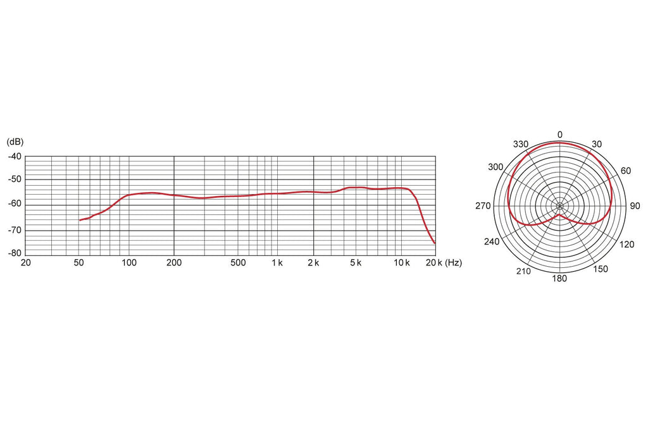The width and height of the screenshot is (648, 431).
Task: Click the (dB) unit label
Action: coord(15,142)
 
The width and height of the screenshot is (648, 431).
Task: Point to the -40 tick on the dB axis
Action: coord(15,157)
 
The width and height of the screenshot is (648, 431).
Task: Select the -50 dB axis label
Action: coord(15,179)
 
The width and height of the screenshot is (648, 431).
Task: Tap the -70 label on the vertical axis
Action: coord(15,231)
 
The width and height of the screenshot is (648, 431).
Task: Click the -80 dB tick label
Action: coord(15,253)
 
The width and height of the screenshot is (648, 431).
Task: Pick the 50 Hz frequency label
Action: coord(78,262)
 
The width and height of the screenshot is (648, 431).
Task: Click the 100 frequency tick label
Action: coord(129,262)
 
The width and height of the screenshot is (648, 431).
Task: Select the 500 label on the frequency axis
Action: coord(238,262)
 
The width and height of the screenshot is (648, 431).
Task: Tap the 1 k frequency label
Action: coord(277,262)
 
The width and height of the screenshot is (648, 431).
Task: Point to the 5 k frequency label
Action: coord(356,262)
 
